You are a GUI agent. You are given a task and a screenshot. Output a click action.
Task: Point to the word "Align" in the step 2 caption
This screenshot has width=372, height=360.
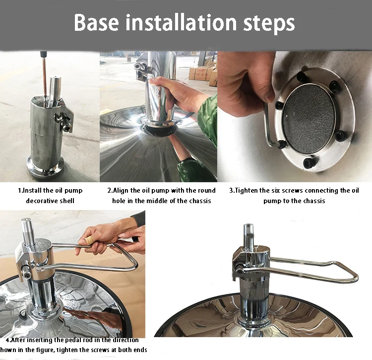[121, 191]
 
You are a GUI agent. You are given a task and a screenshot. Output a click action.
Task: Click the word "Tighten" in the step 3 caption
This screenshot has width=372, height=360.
[246, 191]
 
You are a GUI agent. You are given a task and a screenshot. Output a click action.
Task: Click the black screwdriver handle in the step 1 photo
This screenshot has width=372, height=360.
[44, 55]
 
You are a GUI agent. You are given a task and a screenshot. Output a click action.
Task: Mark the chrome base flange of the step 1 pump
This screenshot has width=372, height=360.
[45, 166]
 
